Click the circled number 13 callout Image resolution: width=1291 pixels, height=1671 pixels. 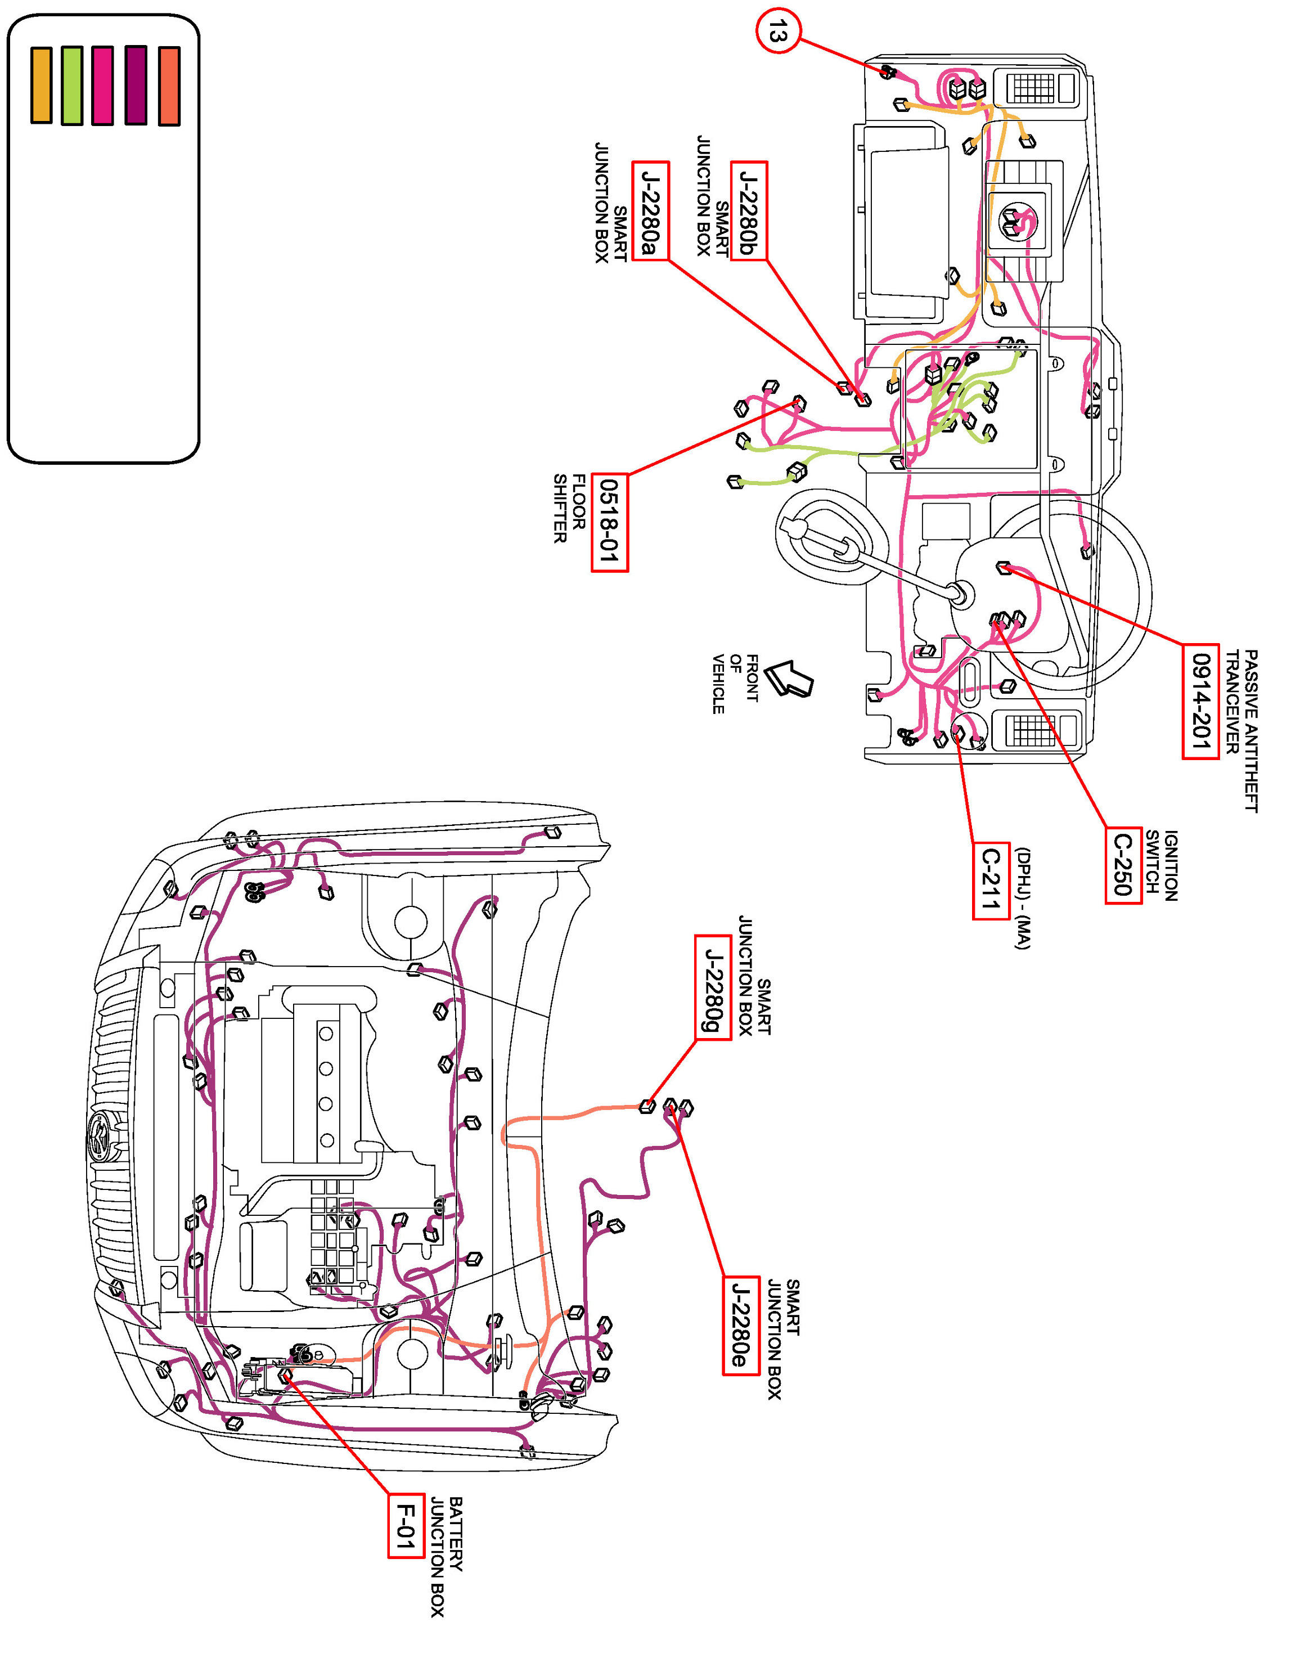click(x=778, y=32)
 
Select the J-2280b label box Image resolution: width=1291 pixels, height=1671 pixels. click(x=749, y=211)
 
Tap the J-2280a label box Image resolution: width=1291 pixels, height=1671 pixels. click(x=650, y=211)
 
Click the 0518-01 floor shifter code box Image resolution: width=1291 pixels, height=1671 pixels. click(x=610, y=523)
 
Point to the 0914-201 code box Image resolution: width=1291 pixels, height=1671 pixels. click(x=1200, y=701)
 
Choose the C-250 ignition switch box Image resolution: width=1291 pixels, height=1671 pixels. click(x=1123, y=865)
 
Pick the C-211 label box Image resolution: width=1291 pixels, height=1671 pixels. click(x=991, y=880)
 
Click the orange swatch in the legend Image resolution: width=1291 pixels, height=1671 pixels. click(x=41, y=85)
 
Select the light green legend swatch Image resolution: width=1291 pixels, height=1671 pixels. click(x=72, y=85)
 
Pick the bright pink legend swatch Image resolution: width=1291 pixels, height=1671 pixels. click(x=102, y=85)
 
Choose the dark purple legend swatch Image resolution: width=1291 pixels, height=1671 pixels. click(x=136, y=85)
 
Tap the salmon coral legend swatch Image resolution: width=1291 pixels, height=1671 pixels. click(x=169, y=86)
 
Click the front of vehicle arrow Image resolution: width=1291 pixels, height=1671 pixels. click(x=789, y=678)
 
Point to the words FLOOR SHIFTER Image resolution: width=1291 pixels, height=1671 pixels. click(x=570, y=509)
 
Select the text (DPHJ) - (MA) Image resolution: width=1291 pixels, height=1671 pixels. click(x=1023, y=899)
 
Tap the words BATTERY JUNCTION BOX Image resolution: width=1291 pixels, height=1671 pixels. click(x=446, y=1556)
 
